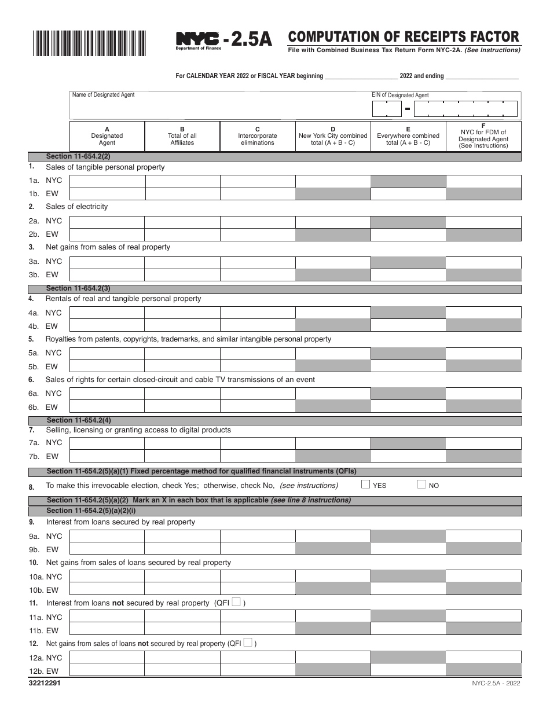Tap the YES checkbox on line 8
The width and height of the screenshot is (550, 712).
click(366, 485)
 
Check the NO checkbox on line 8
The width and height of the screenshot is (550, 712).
click(421, 485)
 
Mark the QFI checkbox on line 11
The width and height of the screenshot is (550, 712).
click(236, 602)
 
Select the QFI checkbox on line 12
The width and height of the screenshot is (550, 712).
click(247, 643)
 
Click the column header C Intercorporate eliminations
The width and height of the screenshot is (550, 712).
click(258, 136)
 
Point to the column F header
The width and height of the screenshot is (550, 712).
click(483, 136)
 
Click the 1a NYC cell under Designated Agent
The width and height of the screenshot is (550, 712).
click(107, 181)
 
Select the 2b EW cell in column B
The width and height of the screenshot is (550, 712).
click(182, 234)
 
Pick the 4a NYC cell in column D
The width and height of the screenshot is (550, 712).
click(333, 313)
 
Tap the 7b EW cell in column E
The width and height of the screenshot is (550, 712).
click(408, 457)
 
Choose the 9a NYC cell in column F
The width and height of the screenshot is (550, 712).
click(483, 536)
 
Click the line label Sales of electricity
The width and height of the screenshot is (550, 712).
click(77, 207)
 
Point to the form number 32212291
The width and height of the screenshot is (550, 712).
click(44, 683)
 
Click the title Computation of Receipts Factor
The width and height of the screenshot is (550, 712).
click(404, 38)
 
